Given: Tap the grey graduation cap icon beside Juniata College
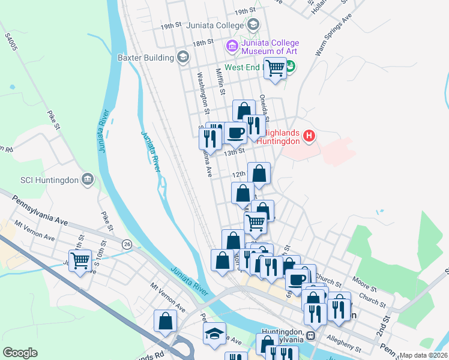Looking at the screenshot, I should coord(253,25).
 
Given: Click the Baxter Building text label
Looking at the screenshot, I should coord(144,58).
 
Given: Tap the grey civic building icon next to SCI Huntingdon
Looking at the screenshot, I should coord(88,179).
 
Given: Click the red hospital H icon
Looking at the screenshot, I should coord(309,136).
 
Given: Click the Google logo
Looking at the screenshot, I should coord(20,353).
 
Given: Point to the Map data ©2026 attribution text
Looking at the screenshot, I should coord(423,355).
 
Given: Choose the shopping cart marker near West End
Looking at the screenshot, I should coord(276,68).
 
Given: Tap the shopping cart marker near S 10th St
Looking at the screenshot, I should coord(80,260).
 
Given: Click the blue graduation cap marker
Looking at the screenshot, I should coord(214,334).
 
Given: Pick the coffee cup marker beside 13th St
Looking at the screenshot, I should coord(235,133).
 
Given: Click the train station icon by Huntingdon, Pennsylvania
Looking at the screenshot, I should coord(310,335).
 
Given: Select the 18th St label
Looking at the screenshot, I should coord(203,42).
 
